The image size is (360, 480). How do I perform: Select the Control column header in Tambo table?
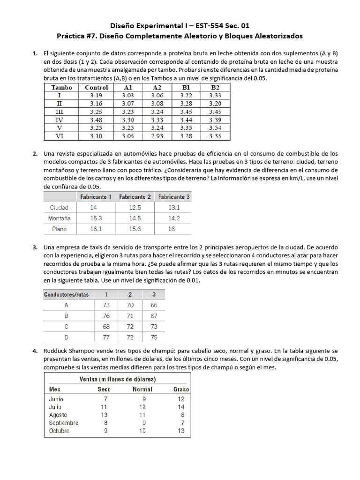click(97, 87)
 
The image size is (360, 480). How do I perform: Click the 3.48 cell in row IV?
click(97, 120)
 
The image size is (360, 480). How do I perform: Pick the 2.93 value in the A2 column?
click(157, 136)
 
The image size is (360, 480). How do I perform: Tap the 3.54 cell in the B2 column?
click(215, 128)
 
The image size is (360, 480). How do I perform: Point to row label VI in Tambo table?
click(59, 136)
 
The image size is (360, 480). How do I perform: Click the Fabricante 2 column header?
click(135, 197)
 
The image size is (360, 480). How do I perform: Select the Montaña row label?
click(59, 218)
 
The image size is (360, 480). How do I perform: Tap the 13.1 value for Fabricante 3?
click(174, 208)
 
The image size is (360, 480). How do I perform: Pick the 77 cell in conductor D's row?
click(106, 337)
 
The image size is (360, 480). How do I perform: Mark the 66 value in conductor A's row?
click(154, 305)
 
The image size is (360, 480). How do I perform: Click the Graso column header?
click(181, 389)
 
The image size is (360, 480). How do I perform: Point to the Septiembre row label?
click(64, 423)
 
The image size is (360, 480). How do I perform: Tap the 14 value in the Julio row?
click(181, 407)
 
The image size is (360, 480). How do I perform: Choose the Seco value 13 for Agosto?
click(104, 415)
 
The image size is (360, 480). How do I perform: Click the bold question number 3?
click(35, 247)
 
